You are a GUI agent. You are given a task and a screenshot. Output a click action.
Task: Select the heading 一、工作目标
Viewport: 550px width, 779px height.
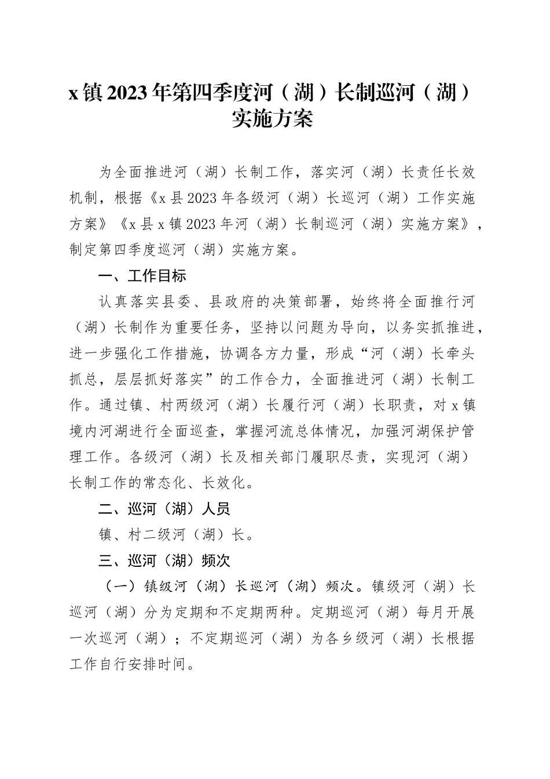142,275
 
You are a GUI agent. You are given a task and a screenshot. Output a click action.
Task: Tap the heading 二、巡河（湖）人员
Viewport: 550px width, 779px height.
164,508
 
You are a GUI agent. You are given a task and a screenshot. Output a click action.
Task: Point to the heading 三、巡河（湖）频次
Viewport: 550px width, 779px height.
164,560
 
